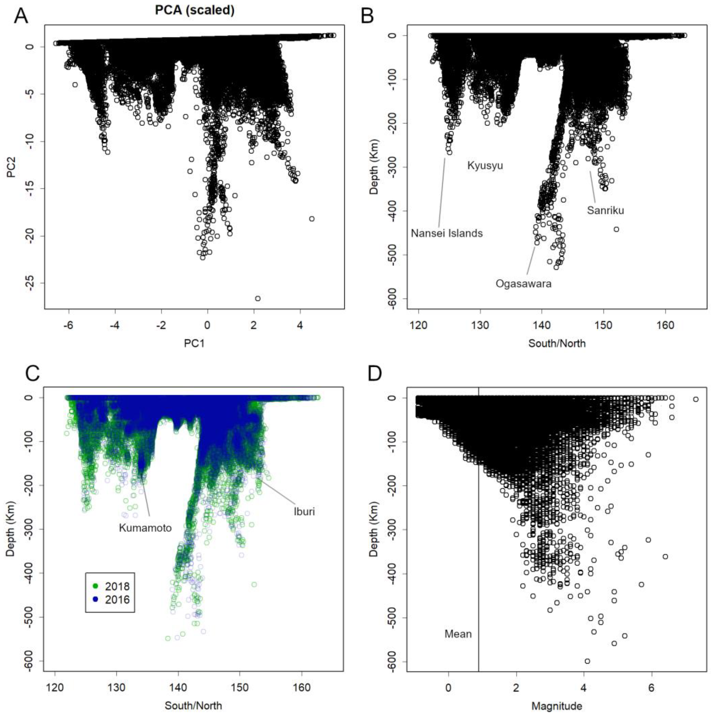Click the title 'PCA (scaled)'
[194, 10]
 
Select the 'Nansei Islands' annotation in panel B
[446, 233]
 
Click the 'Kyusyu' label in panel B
[485, 166]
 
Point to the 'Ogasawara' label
[523, 284]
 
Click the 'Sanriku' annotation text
[605, 210]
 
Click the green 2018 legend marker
[96, 586]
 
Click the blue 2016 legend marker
[96, 599]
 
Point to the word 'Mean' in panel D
[458, 634]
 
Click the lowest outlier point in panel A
[258, 298]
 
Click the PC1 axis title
[194, 343]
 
